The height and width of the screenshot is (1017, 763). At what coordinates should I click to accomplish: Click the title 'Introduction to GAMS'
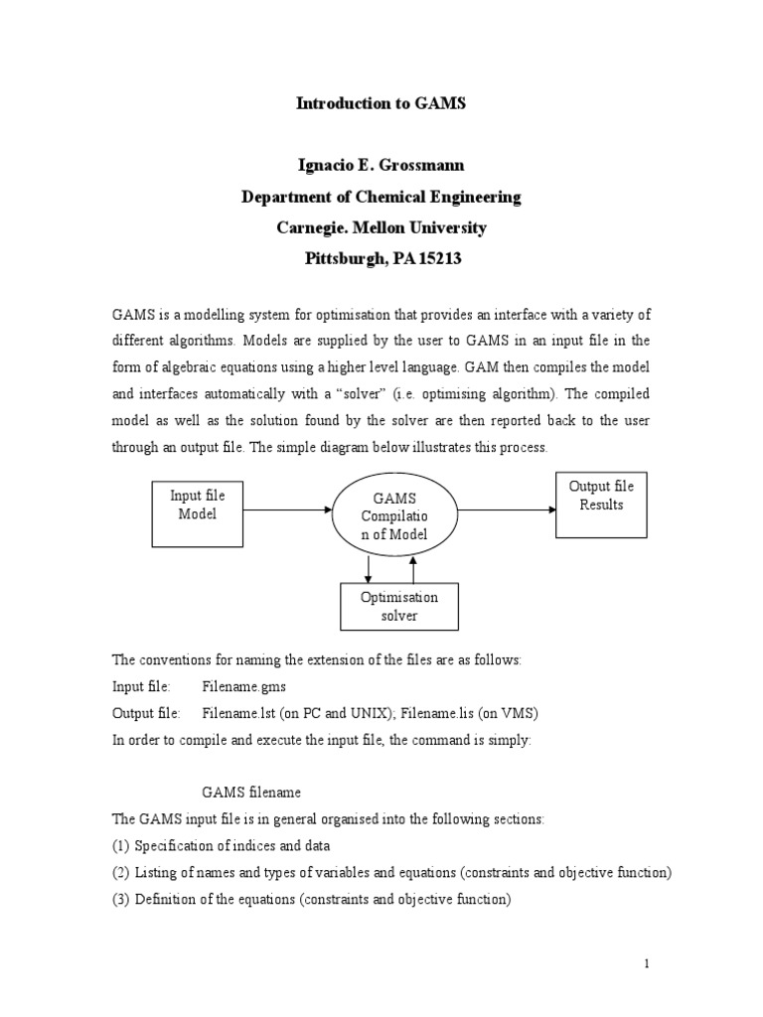tap(381, 102)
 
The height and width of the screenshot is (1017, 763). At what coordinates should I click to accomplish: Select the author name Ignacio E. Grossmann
tap(381, 166)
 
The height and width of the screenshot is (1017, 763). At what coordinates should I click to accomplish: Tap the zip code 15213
tap(440, 260)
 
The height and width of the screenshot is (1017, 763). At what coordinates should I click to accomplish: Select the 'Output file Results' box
tap(600, 505)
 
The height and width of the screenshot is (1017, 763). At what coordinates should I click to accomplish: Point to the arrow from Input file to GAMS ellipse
tap(288, 511)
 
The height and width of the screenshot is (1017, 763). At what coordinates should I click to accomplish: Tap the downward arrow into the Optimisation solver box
tap(370, 569)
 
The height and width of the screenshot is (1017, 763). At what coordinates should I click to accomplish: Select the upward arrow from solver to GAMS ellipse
tap(414, 569)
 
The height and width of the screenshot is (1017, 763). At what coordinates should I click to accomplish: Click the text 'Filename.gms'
tap(246, 686)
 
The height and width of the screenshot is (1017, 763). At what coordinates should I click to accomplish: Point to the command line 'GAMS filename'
tap(251, 793)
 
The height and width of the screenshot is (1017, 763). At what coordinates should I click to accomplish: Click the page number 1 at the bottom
tap(647, 963)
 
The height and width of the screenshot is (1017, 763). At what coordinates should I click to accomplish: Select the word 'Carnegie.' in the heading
tap(310, 228)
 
